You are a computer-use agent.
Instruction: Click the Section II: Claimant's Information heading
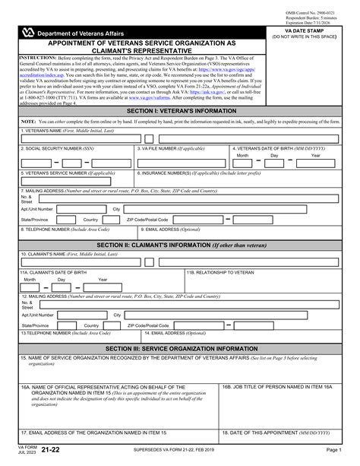click(x=179, y=244)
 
